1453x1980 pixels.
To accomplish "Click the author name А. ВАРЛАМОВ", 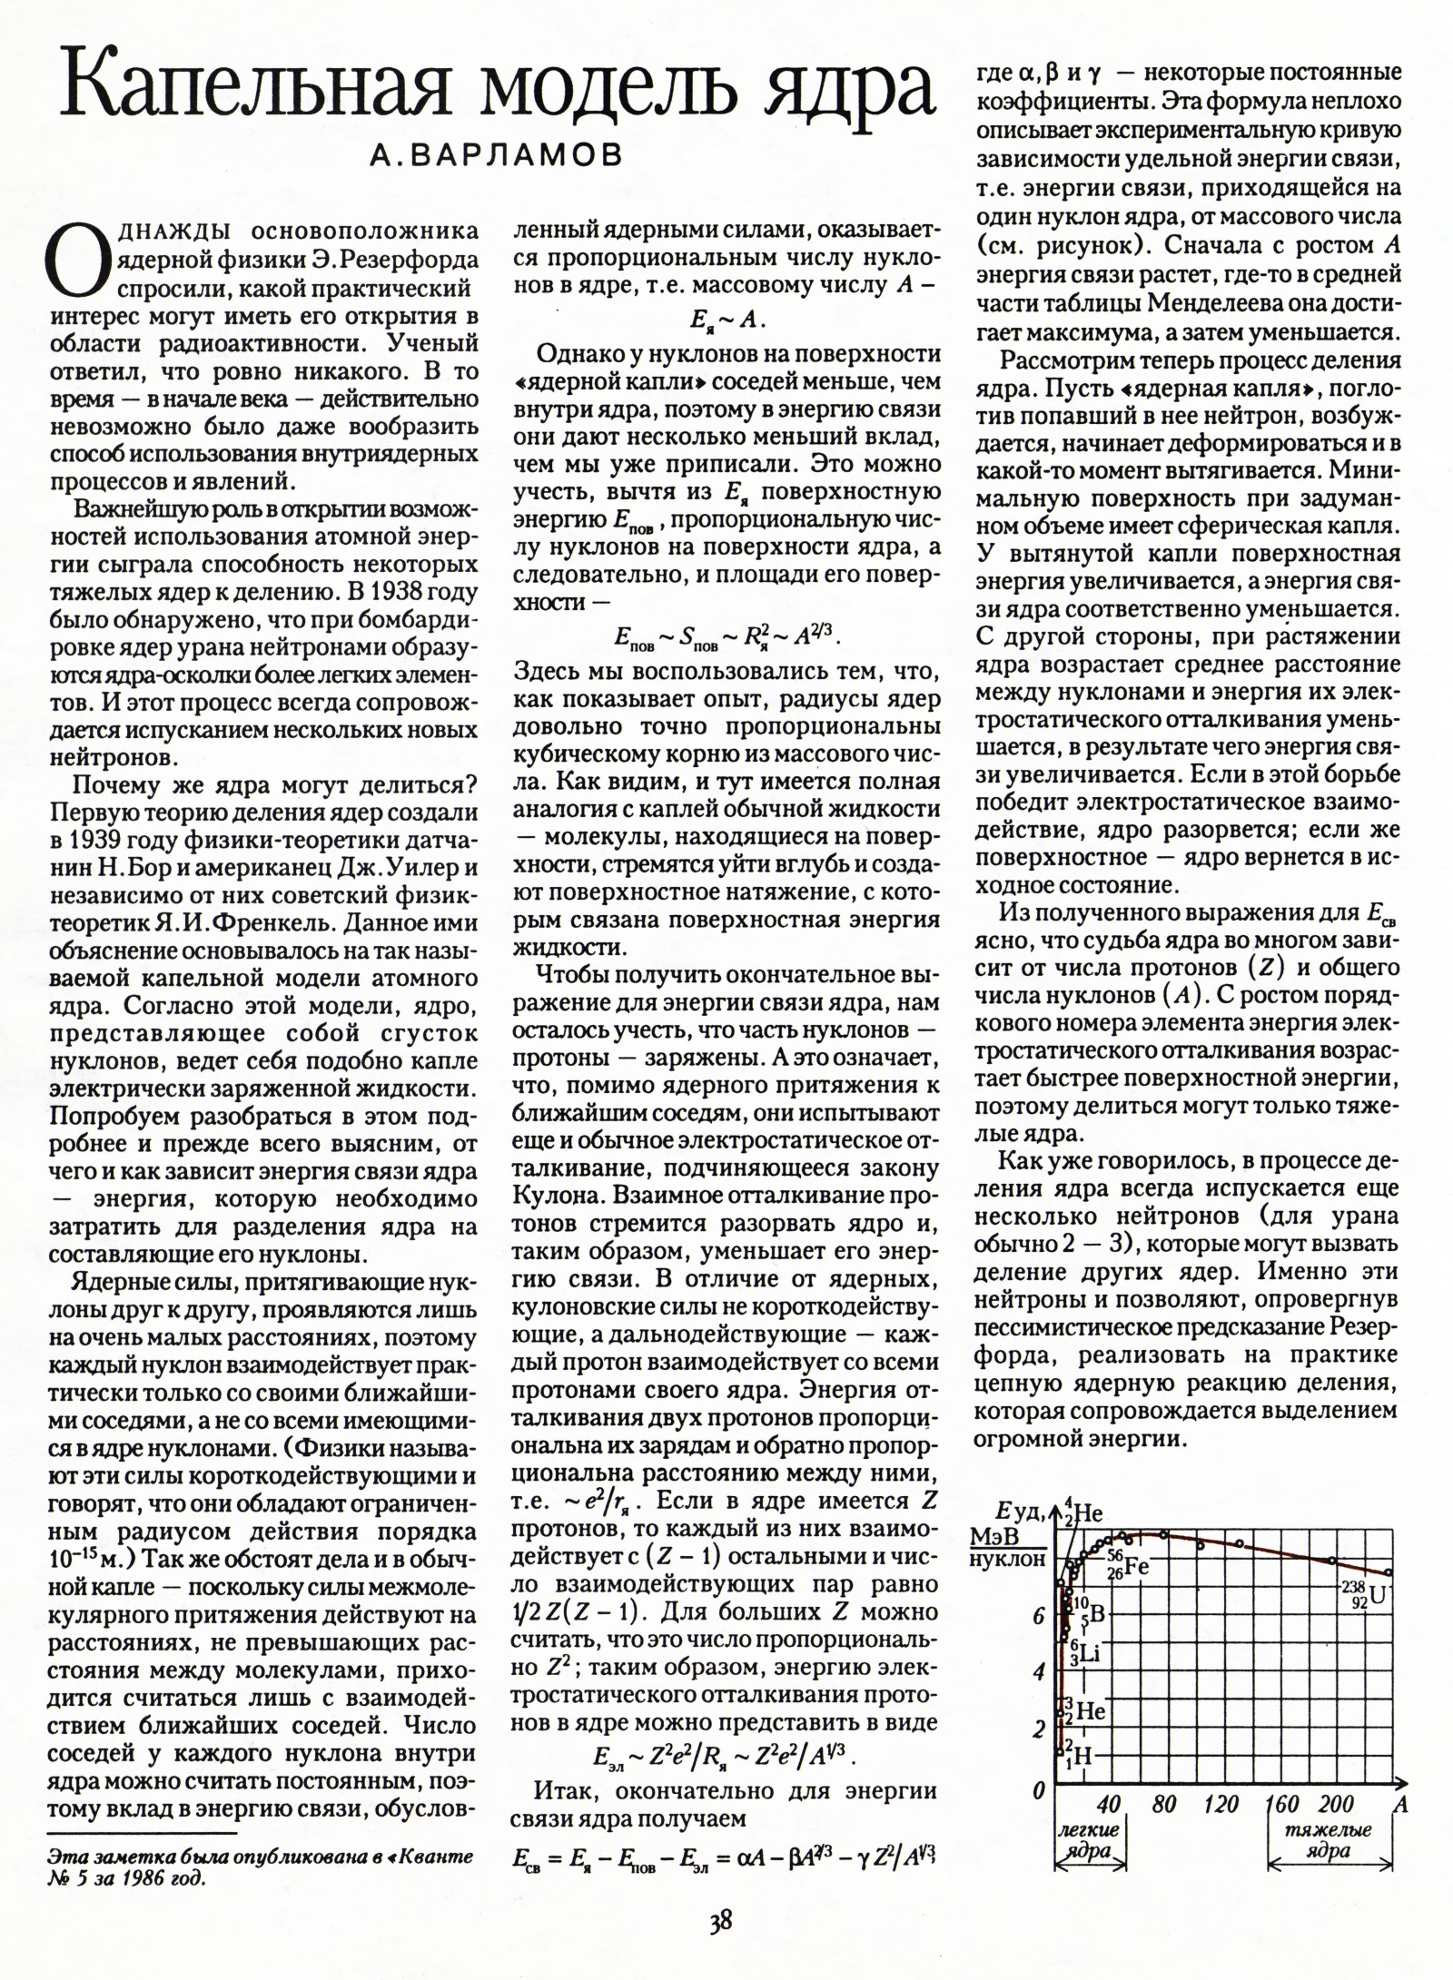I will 497,156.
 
